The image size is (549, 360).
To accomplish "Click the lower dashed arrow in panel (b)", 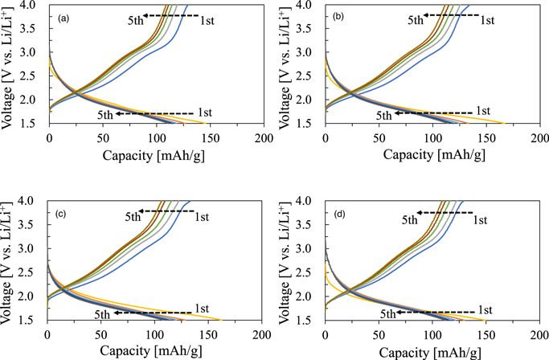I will pos(440,112).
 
